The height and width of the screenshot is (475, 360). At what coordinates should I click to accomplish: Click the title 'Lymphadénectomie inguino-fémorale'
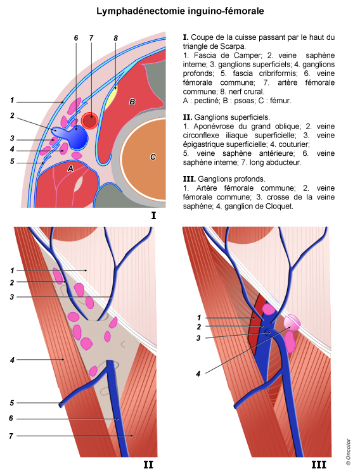coord(180,11)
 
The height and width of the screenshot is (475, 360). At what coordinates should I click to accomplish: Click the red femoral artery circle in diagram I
coord(90,120)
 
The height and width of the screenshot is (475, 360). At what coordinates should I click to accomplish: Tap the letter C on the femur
coord(153,157)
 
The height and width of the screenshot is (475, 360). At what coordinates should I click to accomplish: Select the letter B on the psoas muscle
coord(132,102)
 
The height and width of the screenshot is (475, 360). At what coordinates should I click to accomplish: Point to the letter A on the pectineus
coord(70,168)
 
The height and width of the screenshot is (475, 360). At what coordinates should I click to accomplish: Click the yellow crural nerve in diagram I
coord(111,98)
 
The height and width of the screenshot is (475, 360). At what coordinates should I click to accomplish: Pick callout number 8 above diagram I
coord(115,38)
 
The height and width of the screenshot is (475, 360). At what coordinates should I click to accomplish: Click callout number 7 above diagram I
coord(91,38)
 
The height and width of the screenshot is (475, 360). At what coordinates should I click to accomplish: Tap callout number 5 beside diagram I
coord(12,161)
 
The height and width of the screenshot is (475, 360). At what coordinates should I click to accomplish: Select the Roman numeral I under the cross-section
coord(153,215)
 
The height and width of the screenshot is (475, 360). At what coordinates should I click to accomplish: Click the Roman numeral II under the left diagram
coord(148,464)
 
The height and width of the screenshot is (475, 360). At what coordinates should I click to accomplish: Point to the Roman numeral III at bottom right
coord(319,465)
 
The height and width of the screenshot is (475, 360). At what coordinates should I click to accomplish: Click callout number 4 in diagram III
coord(198,374)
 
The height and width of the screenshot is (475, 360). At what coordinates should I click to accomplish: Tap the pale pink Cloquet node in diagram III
coord(292,322)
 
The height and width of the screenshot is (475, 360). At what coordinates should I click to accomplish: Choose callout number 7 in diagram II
coord(11,436)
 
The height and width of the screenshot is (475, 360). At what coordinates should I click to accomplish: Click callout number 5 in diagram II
coord(12,403)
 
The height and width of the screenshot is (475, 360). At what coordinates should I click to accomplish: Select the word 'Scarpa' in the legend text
coord(234,46)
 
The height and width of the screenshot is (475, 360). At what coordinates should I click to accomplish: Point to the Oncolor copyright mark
coord(348,452)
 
